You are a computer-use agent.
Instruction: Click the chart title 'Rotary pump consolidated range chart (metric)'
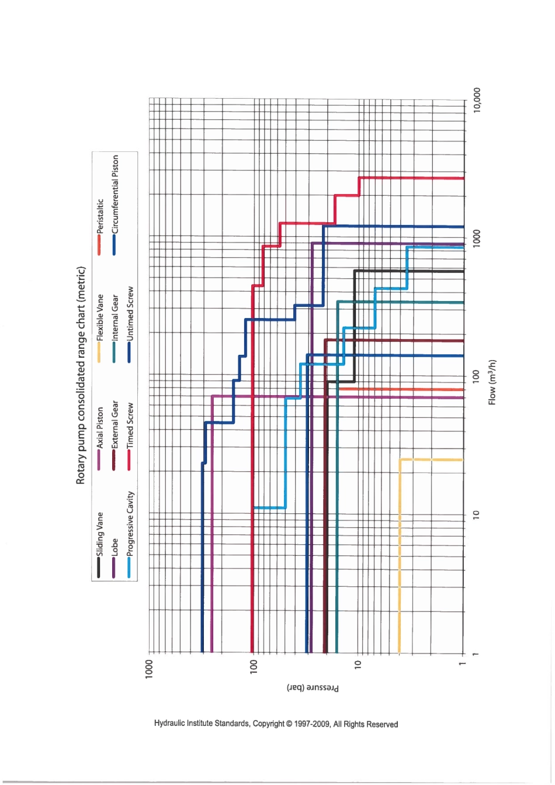coord(81,375)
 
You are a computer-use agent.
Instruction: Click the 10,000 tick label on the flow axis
coord(477,101)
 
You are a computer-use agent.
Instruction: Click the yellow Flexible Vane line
coord(400,555)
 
